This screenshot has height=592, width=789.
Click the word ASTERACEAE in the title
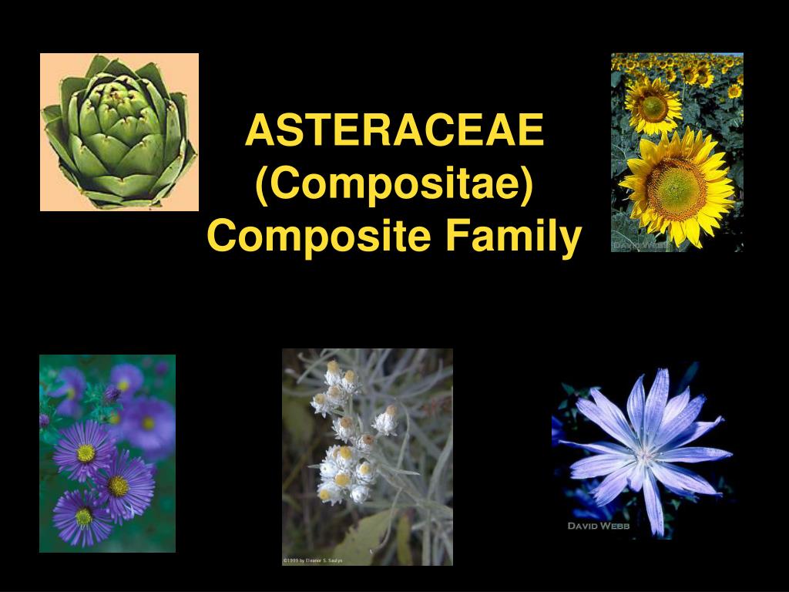click(394, 131)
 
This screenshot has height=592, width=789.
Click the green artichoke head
click(119, 133)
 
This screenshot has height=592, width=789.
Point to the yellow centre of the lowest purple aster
click(84, 516)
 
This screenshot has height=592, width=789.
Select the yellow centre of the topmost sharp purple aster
click(86, 453)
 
